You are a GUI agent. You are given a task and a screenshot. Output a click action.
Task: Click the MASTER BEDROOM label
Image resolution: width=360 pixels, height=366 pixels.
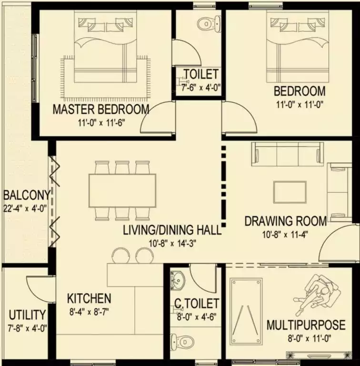tap(101, 109)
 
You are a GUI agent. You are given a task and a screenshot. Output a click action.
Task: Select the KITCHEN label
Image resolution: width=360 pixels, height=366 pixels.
tap(89, 298)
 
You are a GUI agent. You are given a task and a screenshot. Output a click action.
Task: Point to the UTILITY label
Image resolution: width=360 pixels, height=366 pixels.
tap(27, 315)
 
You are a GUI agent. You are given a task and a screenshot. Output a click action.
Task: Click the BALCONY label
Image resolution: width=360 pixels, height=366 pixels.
tap(27, 195)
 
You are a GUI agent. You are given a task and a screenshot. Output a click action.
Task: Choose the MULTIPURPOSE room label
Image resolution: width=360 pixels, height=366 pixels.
tap(306, 325)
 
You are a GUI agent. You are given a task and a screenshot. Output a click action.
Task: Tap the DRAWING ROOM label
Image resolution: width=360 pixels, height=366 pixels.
tap(286, 221)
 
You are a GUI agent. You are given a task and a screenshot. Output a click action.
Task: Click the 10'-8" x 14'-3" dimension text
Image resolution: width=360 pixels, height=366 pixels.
tap(172, 244)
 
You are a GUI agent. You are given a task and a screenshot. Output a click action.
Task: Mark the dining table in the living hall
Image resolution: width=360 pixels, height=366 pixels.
tap(122, 191)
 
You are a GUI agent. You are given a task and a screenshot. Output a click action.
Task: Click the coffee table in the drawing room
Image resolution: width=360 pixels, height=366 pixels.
tap(290, 192)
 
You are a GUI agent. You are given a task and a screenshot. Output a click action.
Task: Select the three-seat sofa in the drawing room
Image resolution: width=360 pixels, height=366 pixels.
tap(288, 154)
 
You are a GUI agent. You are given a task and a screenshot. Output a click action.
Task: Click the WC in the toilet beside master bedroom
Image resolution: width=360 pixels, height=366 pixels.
tap(209, 23)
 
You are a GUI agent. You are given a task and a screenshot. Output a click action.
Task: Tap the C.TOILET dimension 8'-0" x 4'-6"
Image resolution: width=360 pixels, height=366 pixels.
tap(197, 317)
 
